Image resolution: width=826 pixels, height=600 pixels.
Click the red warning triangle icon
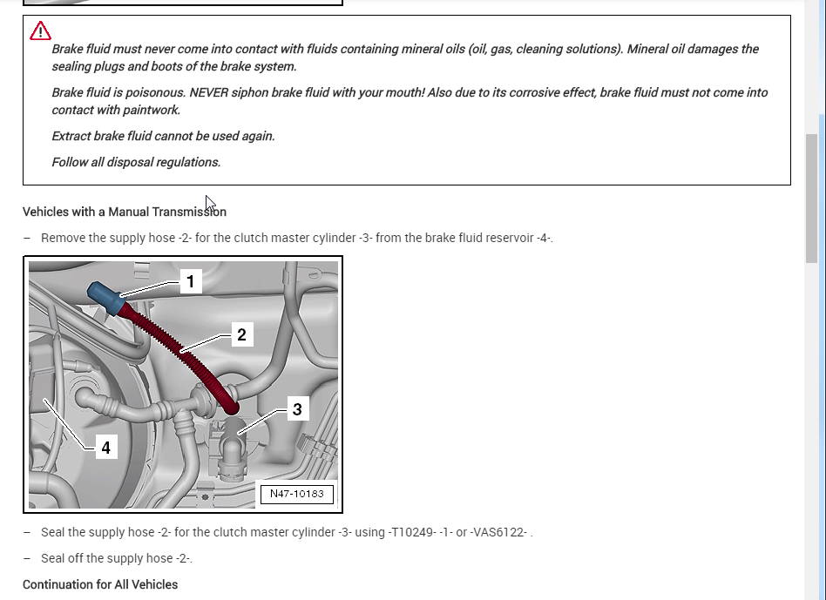tap(40, 32)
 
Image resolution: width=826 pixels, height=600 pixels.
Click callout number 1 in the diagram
tap(190, 281)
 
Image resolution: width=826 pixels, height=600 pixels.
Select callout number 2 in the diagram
tap(240, 334)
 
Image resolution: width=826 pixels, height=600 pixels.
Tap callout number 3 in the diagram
tap(297, 408)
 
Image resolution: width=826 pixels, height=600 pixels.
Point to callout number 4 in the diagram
tap(105, 447)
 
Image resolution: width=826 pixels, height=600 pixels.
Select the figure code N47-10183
tap(296, 494)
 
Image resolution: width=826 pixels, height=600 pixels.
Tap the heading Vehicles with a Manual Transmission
tap(124, 212)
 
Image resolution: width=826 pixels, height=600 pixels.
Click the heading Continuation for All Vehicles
tap(100, 584)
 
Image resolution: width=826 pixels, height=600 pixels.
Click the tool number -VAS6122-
tap(498, 532)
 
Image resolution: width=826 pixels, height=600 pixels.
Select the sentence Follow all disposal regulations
tap(136, 162)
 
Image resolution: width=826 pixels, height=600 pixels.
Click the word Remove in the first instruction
tap(62, 238)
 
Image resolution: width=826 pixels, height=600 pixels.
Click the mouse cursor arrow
tap(210, 204)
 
